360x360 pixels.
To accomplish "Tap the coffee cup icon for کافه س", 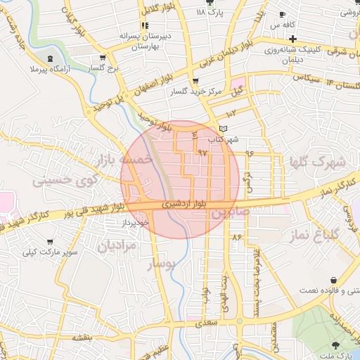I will (282, 14).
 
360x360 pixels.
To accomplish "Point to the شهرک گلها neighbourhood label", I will (317, 162).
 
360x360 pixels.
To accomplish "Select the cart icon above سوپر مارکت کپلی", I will (51, 241).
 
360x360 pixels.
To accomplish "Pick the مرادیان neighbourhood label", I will (115, 247).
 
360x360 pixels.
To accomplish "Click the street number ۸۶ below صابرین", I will (236, 237).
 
